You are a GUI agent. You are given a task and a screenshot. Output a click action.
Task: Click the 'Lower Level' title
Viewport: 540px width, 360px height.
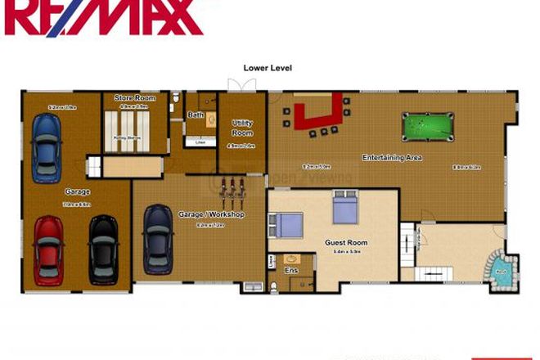[268, 68]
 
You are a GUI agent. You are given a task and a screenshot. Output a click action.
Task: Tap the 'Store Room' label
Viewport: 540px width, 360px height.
[135, 98]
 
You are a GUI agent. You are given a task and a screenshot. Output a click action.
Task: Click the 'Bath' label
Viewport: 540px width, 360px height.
[196, 115]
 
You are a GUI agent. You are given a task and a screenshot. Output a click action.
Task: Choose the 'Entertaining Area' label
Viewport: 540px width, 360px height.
[392, 157]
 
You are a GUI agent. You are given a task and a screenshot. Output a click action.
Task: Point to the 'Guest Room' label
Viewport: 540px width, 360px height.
[346, 242]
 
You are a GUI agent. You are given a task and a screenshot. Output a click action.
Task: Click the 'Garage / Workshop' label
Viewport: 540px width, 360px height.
[211, 214]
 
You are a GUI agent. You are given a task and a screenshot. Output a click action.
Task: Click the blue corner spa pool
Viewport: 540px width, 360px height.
[501, 270]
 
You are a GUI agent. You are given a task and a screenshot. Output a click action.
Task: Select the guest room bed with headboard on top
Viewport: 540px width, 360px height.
[344, 208]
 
